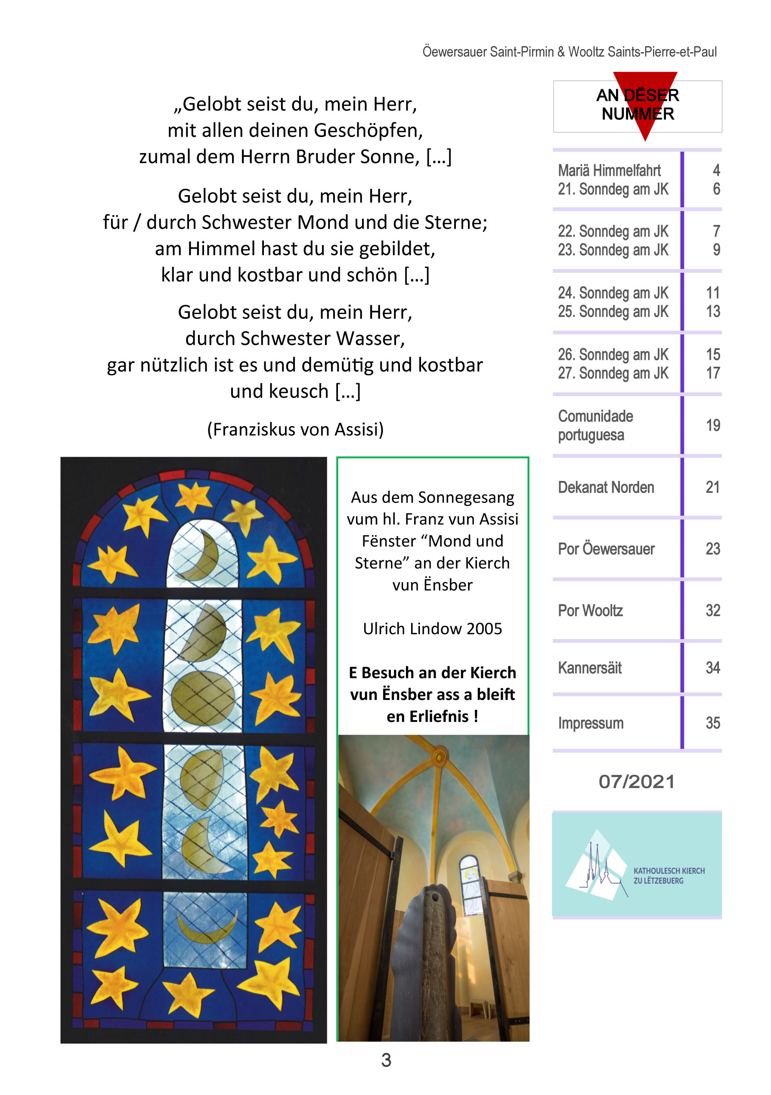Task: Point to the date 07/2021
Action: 636,782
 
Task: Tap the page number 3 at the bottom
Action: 386,1060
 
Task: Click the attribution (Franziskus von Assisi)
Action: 295,429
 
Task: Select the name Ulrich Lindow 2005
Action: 432,629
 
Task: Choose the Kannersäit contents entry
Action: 589,668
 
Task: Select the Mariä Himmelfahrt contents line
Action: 609,170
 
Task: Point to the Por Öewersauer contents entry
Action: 606,549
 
